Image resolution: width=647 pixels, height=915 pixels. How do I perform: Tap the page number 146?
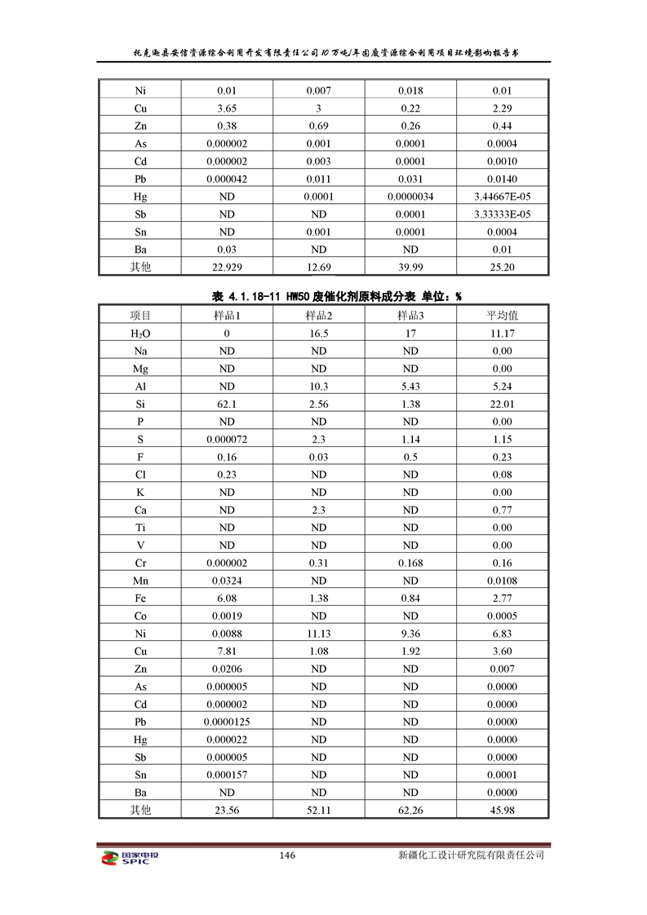[286, 855]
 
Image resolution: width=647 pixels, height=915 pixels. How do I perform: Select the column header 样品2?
[318, 315]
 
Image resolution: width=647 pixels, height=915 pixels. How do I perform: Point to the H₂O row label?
[140, 333]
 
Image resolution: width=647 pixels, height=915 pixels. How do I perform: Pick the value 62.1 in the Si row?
[227, 404]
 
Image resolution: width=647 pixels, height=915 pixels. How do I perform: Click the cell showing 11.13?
[318, 633]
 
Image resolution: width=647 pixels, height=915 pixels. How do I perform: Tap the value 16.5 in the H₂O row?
[318, 333]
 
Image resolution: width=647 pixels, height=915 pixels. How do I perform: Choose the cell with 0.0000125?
[227, 722]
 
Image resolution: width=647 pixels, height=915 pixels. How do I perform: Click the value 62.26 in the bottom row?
[410, 810]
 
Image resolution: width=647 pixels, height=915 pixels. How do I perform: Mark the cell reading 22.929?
[227, 267]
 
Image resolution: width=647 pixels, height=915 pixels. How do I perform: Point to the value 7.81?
[227, 651]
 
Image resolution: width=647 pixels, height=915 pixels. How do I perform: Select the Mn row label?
[140, 581]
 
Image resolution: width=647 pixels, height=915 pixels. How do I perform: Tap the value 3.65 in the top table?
[227, 108]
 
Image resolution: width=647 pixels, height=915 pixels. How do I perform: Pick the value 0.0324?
[227, 581]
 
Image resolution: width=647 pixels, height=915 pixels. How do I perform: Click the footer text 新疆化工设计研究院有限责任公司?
[471, 855]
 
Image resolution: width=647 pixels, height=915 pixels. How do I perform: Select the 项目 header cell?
[140, 315]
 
